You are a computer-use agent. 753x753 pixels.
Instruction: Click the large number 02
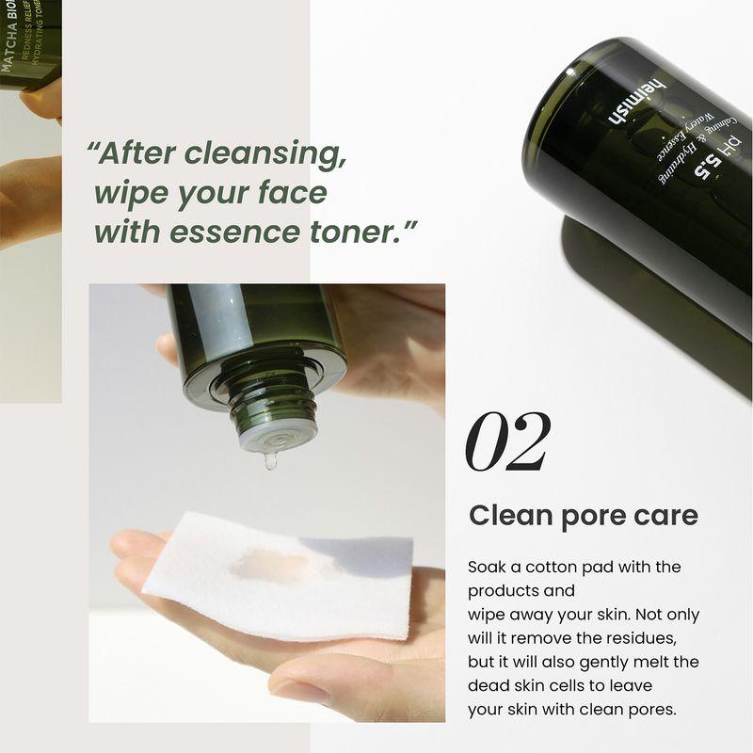pyautogui.click(x=507, y=443)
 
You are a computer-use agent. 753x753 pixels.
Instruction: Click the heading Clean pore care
pyautogui.click(x=584, y=516)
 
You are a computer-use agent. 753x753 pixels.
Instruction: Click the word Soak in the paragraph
pyautogui.click(x=488, y=568)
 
